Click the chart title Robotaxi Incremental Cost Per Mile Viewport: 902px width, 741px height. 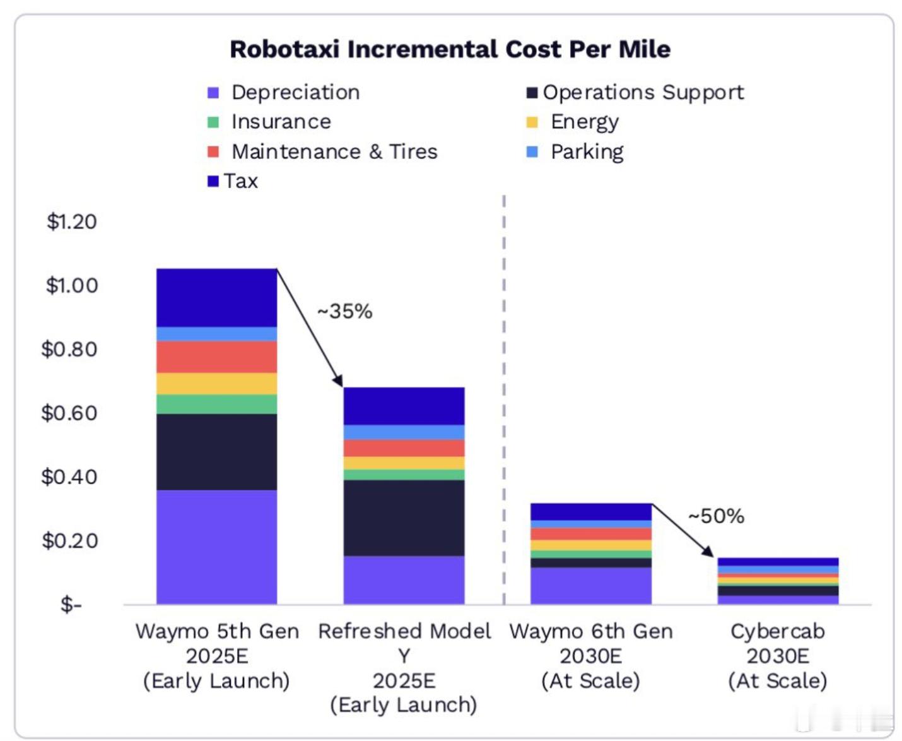coord(450,49)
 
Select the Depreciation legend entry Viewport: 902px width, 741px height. coord(295,92)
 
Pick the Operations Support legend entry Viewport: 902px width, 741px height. coord(642,92)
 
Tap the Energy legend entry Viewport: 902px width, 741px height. coord(584,121)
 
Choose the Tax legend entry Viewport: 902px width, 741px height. coord(240,181)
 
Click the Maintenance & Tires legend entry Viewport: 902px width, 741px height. coord(334,151)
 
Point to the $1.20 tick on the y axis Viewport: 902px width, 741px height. coord(71,222)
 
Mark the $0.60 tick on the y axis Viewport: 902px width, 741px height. coord(69,413)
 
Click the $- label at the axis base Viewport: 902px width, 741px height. coord(71,605)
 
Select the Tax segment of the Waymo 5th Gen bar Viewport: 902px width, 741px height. coord(216,297)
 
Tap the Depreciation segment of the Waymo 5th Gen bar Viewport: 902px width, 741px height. coord(216,547)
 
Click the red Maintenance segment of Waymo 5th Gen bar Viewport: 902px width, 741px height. coord(216,357)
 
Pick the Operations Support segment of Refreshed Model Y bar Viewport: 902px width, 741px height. coord(404,518)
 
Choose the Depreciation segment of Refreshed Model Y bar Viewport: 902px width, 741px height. coord(404,579)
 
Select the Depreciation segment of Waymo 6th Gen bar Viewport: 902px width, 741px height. coord(590,585)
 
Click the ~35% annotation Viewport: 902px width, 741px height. coord(344,311)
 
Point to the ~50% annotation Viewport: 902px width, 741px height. coord(716,516)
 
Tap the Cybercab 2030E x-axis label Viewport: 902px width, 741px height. coord(777,655)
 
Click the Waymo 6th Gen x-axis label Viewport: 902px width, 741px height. coord(590,655)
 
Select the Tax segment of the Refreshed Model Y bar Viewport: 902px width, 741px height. coord(404,406)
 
